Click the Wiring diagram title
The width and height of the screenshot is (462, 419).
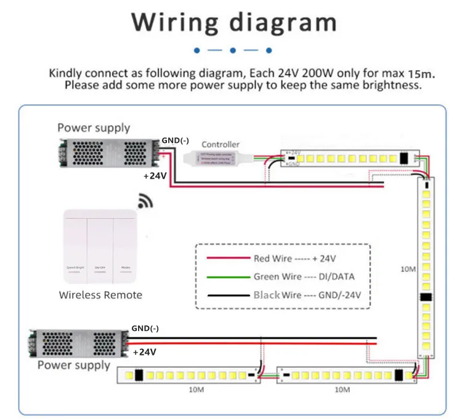[233, 22]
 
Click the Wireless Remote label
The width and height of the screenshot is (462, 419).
[100, 295]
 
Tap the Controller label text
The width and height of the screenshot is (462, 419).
[221, 145]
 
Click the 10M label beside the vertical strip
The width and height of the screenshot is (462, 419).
[408, 269]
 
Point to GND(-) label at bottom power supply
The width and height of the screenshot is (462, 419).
[145, 328]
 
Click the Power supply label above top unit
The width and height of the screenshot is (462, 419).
[94, 128]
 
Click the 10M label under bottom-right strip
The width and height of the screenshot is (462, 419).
[342, 390]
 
